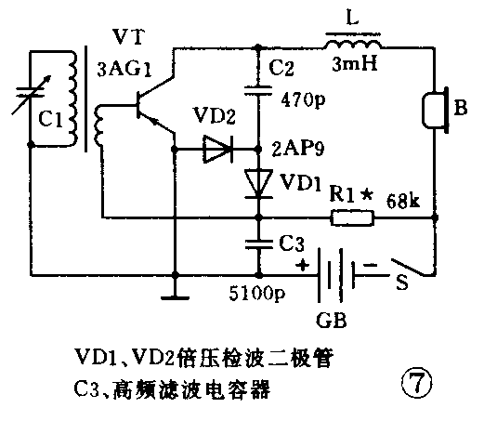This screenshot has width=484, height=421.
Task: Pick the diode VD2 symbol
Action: pyautogui.click(x=218, y=147)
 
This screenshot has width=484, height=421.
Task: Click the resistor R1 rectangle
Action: pyautogui.click(x=354, y=219)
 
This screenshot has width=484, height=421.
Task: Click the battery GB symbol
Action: pyautogui.click(x=337, y=276)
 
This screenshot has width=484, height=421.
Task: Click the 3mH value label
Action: pyautogui.click(x=353, y=67)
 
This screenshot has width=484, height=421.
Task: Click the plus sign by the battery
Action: pyautogui.click(x=302, y=263)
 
